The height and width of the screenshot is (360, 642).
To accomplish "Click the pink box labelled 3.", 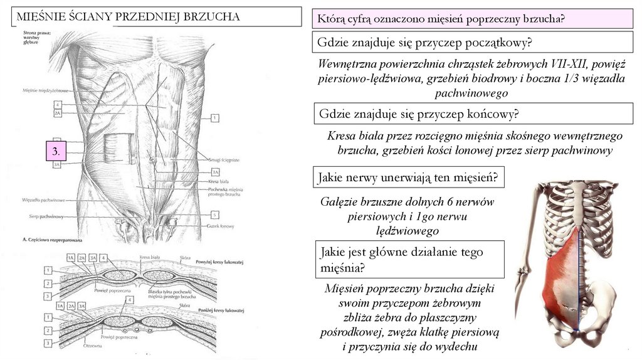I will tap(56, 151).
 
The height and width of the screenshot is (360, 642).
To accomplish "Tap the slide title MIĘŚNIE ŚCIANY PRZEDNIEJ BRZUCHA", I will tap(128, 17).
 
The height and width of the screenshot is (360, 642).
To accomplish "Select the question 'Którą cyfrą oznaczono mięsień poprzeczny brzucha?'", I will tap(441, 19).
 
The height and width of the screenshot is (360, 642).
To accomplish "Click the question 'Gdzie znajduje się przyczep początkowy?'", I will tap(425, 43).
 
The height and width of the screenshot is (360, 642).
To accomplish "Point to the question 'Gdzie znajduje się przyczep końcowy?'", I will tap(419, 114).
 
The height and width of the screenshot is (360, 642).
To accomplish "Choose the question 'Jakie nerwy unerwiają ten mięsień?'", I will tap(408, 177).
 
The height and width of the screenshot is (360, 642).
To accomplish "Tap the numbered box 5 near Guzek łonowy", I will tap(215, 215).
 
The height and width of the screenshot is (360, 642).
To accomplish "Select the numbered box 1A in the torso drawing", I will tap(215, 171).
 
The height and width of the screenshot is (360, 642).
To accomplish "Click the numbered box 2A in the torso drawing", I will tap(58, 114).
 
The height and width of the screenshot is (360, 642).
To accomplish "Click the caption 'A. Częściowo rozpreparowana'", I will tap(55, 240).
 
